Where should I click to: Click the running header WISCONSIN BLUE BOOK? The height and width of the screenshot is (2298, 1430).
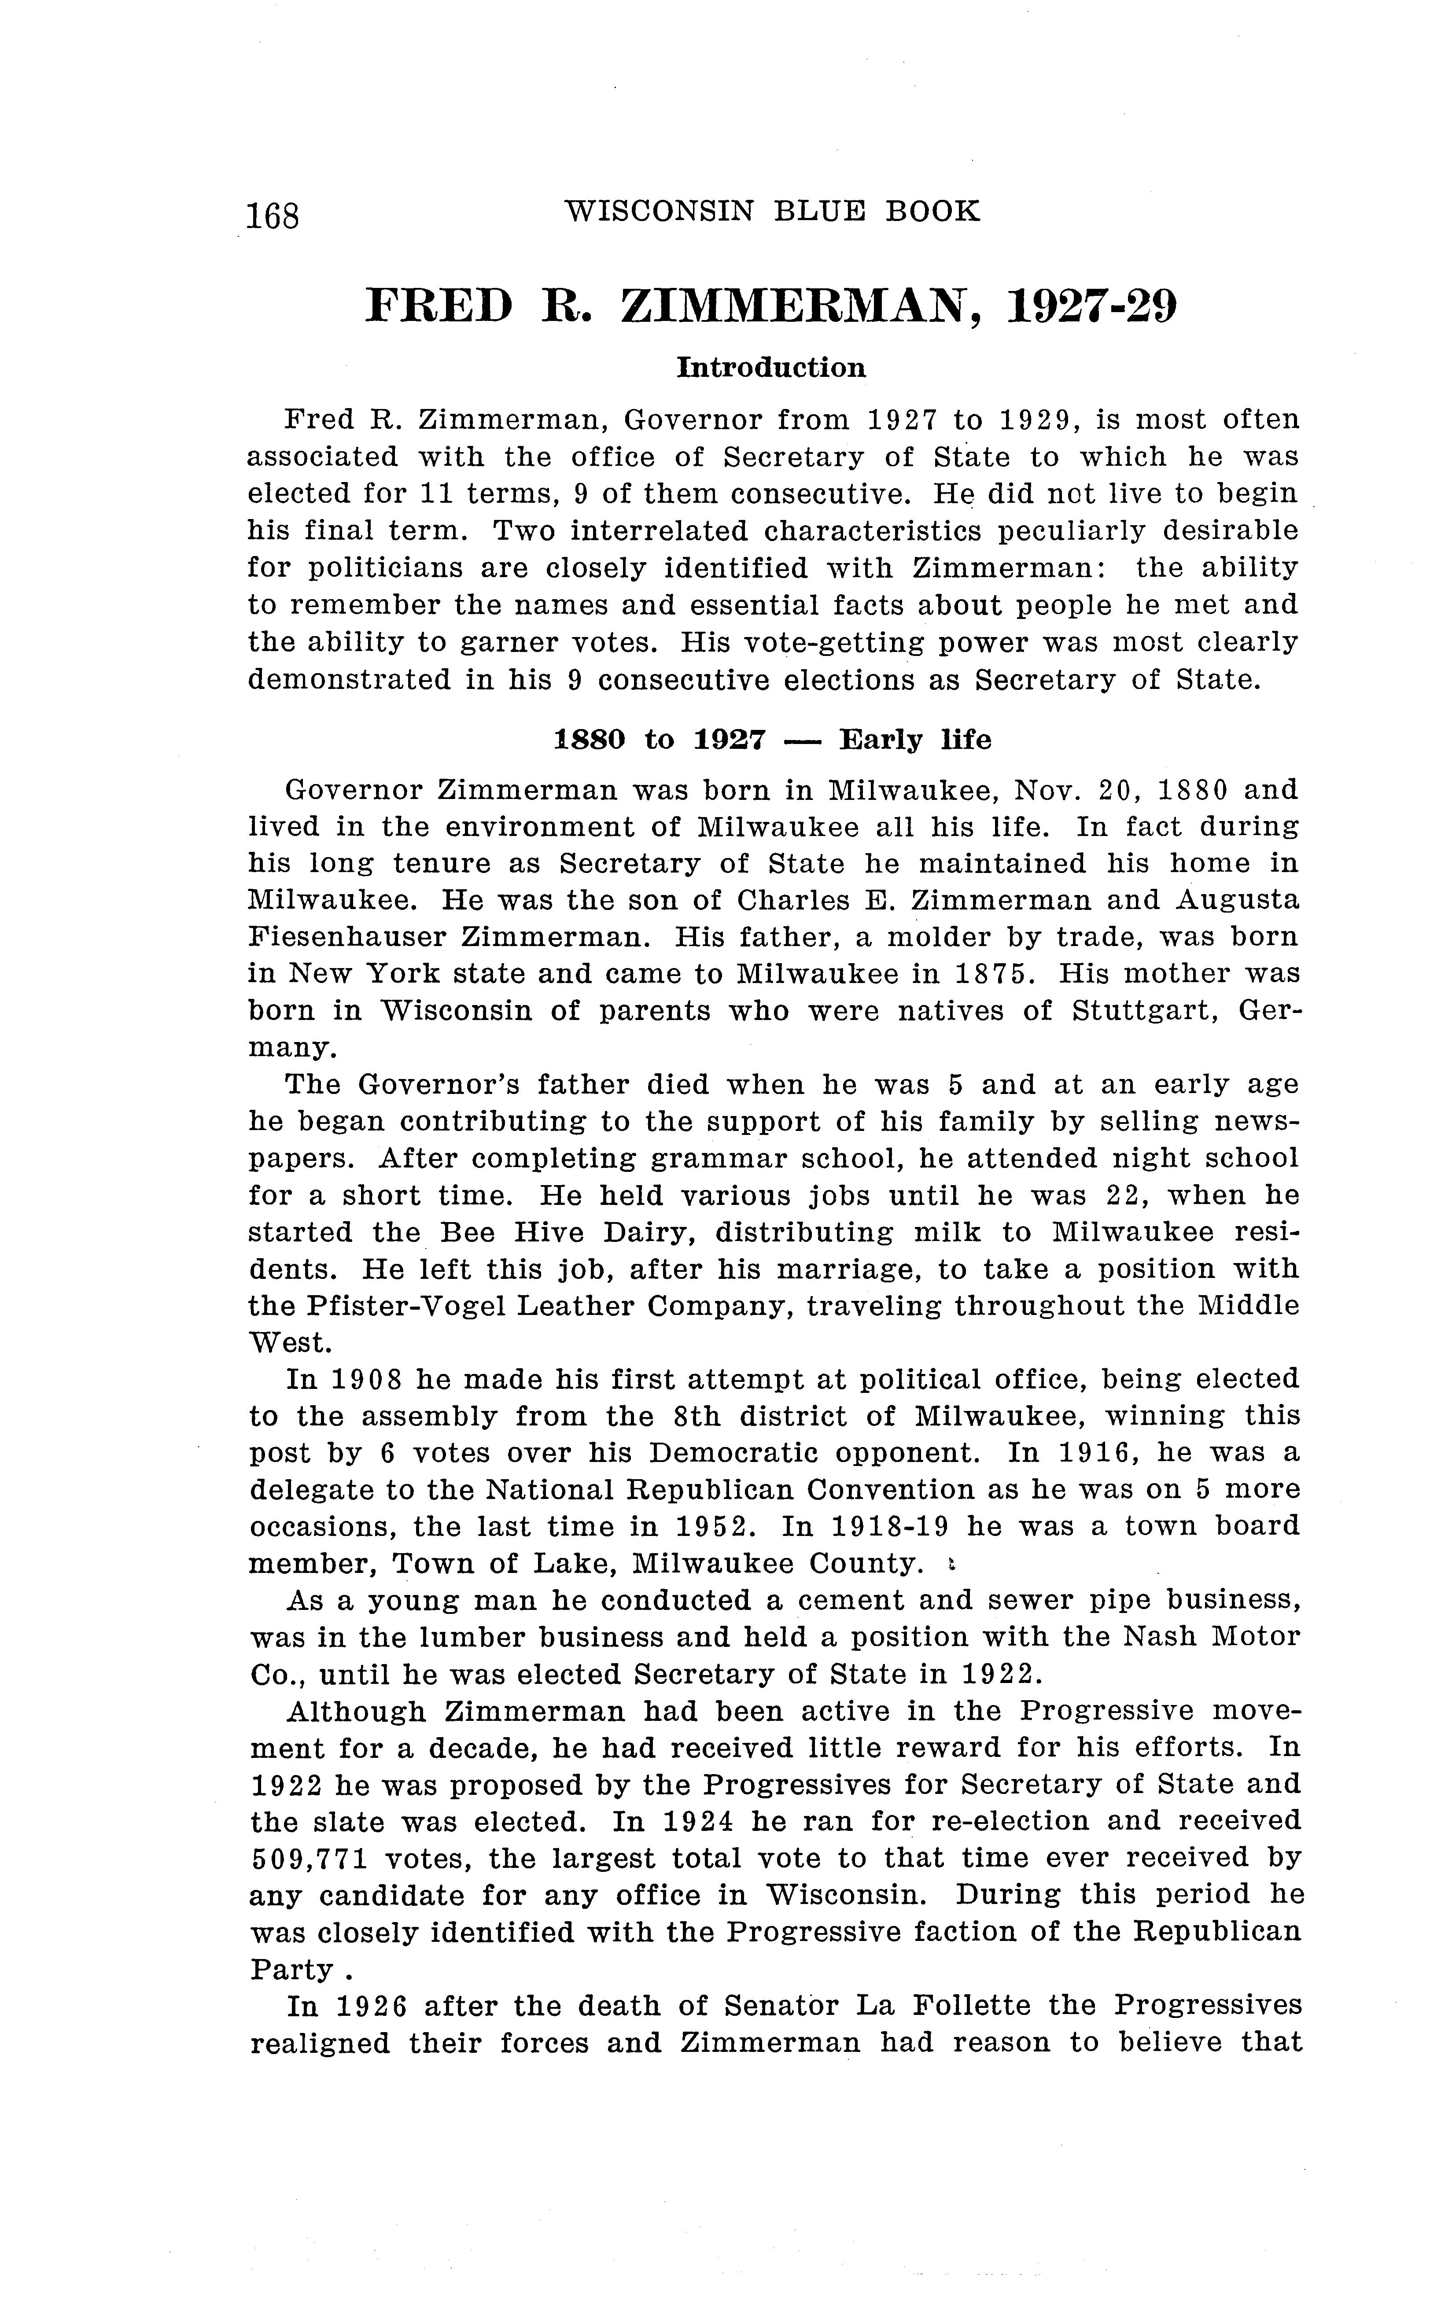tap(772, 211)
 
